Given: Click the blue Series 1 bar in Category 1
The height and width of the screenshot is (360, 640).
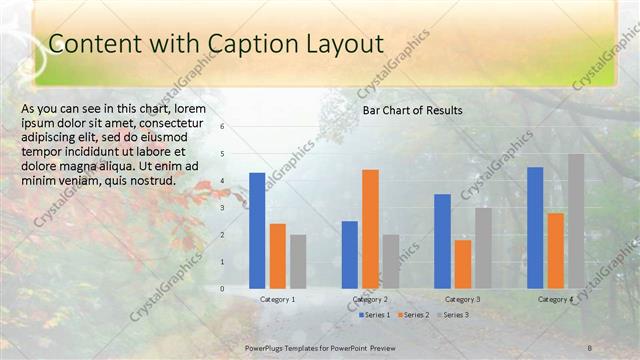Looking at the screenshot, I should pyautogui.click(x=257, y=230).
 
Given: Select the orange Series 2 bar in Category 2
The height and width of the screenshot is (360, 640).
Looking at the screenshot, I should pyautogui.click(x=370, y=229).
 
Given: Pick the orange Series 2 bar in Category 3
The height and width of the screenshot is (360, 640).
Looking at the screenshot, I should pyautogui.click(x=462, y=264).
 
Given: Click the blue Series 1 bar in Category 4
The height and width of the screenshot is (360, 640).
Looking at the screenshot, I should pyautogui.click(x=535, y=227).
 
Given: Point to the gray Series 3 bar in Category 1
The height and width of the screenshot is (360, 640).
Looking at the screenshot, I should pyautogui.click(x=298, y=261).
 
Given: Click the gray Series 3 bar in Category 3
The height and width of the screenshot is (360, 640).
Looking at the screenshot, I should pyautogui.click(x=483, y=248).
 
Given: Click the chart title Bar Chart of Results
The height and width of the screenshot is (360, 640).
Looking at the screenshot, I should pyautogui.click(x=412, y=110).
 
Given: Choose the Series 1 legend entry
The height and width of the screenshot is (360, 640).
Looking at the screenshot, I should pyautogui.click(x=376, y=315).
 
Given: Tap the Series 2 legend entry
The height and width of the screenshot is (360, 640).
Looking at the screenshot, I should pyautogui.click(x=413, y=315).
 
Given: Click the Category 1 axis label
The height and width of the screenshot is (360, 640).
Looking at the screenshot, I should pyautogui.click(x=277, y=299).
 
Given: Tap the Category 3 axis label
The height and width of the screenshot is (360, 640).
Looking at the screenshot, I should pyautogui.click(x=462, y=299).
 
